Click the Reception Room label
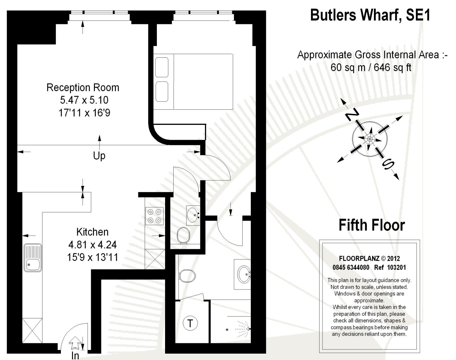pyautogui.click(x=83, y=87)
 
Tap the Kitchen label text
pyautogui.click(x=92, y=232)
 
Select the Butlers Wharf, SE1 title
pyautogui.click(x=370, y=15)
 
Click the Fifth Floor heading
pyautogui.click(x=371, y=225)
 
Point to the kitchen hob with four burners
pyautogui.click(x=154, y=216)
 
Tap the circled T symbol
pyautogui.click(x=190, y=323)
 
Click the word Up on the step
pyautogui.click(x=99, y=156)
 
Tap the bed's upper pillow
pyautogui.click(x=162, y=67)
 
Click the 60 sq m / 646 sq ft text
pyautogui.click(x=371, y=67)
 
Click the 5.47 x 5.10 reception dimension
pyautogui.click(x=84, y=100)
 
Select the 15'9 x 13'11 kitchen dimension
pyautogui.click(x=92, y=258)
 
